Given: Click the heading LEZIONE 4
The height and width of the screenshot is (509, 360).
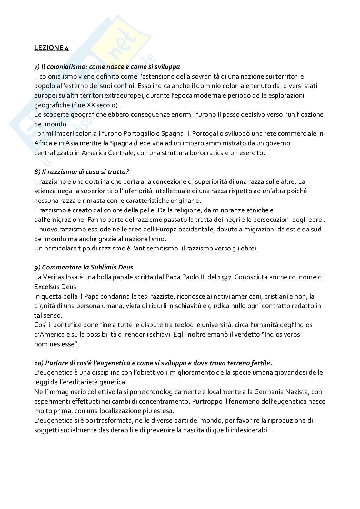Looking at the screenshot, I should (51, 48).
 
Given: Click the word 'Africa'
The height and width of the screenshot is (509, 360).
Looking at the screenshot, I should (43, 143).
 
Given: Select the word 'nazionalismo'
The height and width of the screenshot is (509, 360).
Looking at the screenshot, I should (146, 239).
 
